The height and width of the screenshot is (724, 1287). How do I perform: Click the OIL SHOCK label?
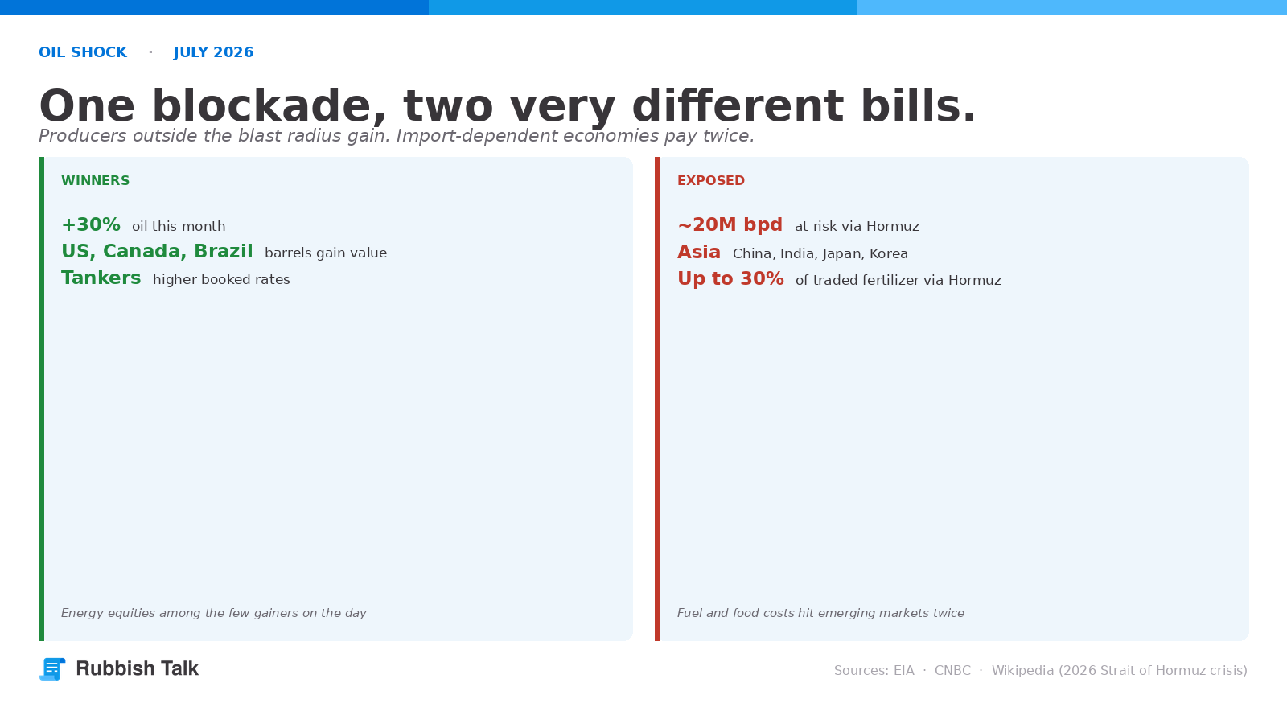(83, 52)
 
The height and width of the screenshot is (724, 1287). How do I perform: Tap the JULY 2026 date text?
(213, 52)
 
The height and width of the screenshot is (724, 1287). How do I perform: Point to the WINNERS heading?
(96, 180)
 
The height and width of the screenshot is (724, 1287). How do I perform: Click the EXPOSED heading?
(711, 180)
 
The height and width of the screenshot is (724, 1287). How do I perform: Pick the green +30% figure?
(91, 224)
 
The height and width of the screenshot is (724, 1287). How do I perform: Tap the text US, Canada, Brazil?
(157, 252)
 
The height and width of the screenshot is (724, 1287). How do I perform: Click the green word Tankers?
(101, 278)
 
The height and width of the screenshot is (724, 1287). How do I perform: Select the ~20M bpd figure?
(730, 224)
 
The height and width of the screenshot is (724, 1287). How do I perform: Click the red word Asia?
(699, 252)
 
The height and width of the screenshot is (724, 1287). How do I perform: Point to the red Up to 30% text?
(730, 278)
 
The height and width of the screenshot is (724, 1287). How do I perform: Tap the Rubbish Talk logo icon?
(52, 668)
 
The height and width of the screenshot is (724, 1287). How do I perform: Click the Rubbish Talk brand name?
(138, 668)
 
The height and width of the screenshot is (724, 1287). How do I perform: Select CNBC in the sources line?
(952, 671)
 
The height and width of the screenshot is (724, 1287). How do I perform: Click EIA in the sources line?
(904, 671)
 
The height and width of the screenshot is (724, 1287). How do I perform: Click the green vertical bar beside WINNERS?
(41, 399)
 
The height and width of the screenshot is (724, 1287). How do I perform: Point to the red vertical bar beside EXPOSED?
(657, 399)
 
